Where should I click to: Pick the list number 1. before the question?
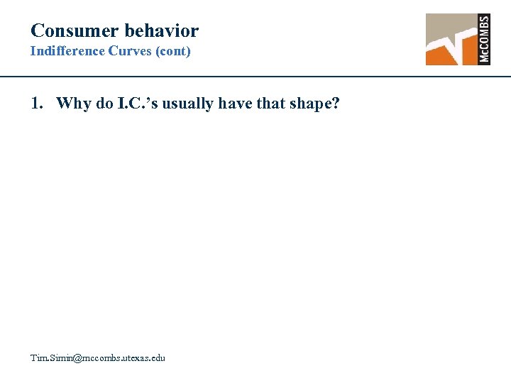tap(38, 104)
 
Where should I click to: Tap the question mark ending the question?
tap(336, 104)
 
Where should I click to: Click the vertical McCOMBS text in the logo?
tap(485, 39)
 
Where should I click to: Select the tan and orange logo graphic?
tap(451, 39)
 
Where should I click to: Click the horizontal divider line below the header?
tap(255, 76)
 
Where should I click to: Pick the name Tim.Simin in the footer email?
tap(50, 358)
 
